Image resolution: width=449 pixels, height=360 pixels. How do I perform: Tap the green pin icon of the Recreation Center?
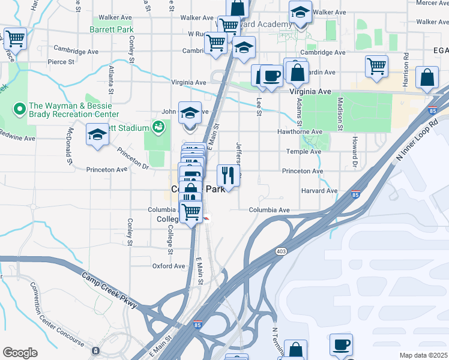pyautogui.click(x=19, y=109)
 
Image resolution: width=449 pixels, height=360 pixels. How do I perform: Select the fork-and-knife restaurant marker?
pyautogui.click(x=228, y=175)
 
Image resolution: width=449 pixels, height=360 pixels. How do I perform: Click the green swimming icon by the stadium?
pyautogui.click(x=158, y=127)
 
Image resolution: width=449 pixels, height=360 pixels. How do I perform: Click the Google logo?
pyautogui.click(x=20, y=353)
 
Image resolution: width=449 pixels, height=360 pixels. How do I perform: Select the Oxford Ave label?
pyautogui.click(x=169, y=266)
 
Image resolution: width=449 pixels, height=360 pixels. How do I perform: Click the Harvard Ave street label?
pyautogui.click(x=319, y=191)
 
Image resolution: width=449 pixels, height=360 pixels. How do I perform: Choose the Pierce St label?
pyautogui.click(x=61, y=61)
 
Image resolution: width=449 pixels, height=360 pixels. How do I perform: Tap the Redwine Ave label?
pyautogui.click(x=18, y=138)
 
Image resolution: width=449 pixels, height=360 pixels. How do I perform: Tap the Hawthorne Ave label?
pyautogui.click(x=300, y=132)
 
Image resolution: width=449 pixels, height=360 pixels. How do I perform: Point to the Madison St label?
pyautogui.click(x=340, y=114)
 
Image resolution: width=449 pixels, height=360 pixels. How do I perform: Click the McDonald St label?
pyautogui.click(x=70, y=146)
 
